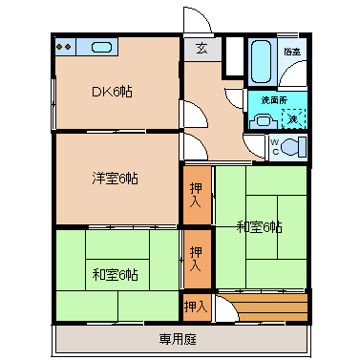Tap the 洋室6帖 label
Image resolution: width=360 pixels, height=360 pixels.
click(115, 178)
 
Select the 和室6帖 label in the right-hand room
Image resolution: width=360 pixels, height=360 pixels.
click(260, 226)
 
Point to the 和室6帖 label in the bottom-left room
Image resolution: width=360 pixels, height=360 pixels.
click(115, 274)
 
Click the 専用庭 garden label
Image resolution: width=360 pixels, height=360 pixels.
click(179, 339)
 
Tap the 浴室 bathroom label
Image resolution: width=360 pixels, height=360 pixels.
click(292, 50)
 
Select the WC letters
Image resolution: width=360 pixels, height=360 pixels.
click(273, 146)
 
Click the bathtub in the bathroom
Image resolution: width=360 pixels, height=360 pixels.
click(260, 60)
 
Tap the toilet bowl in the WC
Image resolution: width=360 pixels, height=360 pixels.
click(296, 146)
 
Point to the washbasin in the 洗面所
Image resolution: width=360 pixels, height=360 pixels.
click(262, 120)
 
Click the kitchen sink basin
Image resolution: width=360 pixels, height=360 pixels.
click(101, 47)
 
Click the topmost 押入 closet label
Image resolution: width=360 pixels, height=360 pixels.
click(196, 195)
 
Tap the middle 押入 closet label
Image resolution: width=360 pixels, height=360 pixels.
click(196, 259)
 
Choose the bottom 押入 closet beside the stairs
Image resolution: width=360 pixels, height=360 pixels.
click(195, 307)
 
